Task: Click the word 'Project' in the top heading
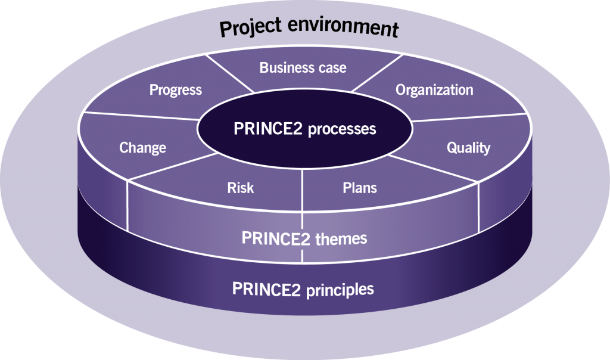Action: [251, 27]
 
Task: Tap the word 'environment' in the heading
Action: [344, 27]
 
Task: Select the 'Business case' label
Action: [303, 68]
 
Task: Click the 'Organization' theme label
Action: [434, 90]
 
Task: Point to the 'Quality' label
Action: [468, 148]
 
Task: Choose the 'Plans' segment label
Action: [359, 188]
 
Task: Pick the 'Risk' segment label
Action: [241, 188]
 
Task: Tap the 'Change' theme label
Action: [142, 148]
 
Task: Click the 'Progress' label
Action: [176, 90]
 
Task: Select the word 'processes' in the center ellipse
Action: [342, 129]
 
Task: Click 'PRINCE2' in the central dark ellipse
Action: [267, 128]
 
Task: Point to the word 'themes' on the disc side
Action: [341, 238]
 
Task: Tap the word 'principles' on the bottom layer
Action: [340, 290]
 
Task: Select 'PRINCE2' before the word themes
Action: [276, 238]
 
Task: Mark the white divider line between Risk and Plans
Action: [302, 190]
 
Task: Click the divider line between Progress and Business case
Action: [229, 73]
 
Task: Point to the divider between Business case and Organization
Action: [377, 73]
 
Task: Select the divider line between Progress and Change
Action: [141, 116]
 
